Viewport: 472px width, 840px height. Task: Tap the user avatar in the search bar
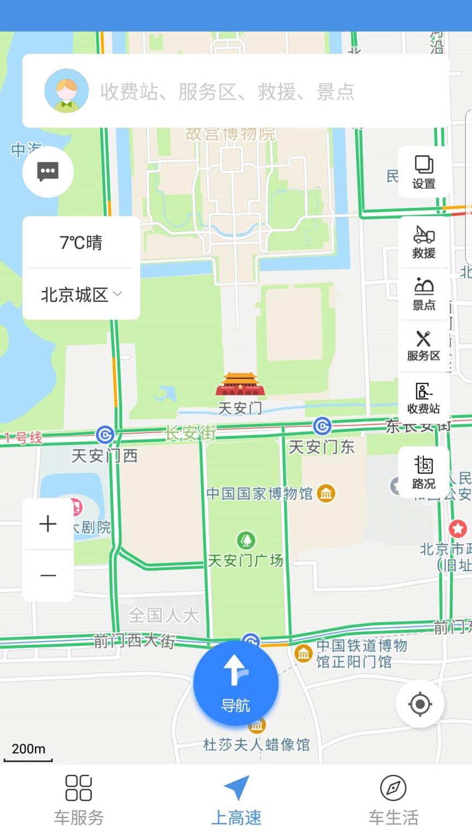pyautogui.click(x=66, y=91)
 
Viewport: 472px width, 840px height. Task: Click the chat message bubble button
pyautogui.click(x=48, y=172)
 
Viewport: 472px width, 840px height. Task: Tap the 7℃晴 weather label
pyautogui.click(x=81, y=242)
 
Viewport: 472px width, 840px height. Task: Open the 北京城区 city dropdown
pyautogui.click(x=81, y=295)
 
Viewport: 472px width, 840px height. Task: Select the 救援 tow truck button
pyautogui.click(x=424, y=242)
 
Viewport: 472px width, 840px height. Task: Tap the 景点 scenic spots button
pyautogui.click(x=424, y=294)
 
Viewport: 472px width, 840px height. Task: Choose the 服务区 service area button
pyautogui.click(x=424, y=346)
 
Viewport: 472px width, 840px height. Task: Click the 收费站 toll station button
pyautogui.click(x=424, y=399)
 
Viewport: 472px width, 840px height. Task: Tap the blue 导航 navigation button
pyautogui.click(x=236, y=684)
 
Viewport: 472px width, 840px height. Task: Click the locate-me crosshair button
pyautogui.click(x=420, y=704)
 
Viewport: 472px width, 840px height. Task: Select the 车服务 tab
pyautogui.click(x=79, y=800)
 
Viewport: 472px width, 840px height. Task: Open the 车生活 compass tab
pyautogui.click(x=393, y=800)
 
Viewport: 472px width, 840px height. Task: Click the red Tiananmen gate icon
pyautogui.click(x=240, y=384)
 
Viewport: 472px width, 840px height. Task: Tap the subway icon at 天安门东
pyautogui.click(x=322, y=426)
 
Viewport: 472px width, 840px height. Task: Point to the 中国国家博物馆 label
pyautogui.click(x=260, y=494)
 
